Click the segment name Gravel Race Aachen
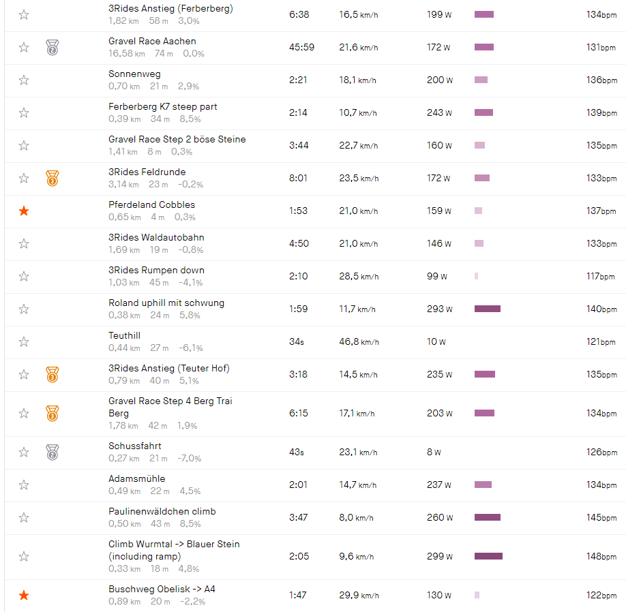(152, 42)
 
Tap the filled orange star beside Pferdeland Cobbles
(24, 211)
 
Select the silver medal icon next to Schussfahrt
(53, 452)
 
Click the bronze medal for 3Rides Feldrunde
(53, 179)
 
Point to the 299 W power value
(439, 557)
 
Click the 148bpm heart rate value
(601, 557)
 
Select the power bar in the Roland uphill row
(488, 309)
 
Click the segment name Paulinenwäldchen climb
(162, 512)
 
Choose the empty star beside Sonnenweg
(24, 80)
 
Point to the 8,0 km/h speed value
(356, 518)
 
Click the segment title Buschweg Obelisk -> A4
(162, 590)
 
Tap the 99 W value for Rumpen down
(438, 277)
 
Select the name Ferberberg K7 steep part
(163, 107)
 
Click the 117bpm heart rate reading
(601, 277)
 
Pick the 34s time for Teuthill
(297, 342)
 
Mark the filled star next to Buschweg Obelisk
(24, 596)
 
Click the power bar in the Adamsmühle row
(483, 485)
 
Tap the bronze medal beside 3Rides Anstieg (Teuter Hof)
(53, 374)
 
